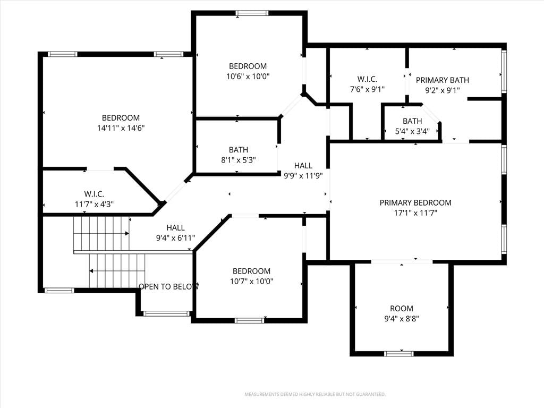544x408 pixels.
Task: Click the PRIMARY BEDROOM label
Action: point(415,202)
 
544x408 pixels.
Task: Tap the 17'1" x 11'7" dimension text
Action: point(415,212)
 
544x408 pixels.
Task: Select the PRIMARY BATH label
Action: point(443,80)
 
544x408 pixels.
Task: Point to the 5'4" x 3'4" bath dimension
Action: point(412,131)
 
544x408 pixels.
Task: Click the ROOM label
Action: point(402,309)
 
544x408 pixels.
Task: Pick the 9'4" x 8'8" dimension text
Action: point(402,319)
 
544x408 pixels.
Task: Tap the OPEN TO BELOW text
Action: point(168,286)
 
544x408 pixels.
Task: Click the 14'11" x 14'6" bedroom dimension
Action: point(121,128)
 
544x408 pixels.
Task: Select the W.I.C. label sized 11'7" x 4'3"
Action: point(94,194)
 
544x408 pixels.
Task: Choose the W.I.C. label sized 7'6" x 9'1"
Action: point(367,80)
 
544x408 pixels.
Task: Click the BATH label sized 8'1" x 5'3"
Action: point(239,150)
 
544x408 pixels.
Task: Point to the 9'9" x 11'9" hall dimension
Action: point(303,175)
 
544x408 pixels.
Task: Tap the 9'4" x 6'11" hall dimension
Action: point(175,238)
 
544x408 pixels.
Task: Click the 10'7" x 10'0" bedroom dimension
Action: point(251,281)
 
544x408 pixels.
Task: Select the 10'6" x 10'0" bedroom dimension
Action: point(248,76)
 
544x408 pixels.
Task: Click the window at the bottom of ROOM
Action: point(398,353)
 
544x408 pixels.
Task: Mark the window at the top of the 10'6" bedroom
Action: point(252,13)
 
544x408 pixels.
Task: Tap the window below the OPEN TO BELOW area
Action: point(166,313)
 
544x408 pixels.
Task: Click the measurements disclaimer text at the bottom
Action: point(315,395)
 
